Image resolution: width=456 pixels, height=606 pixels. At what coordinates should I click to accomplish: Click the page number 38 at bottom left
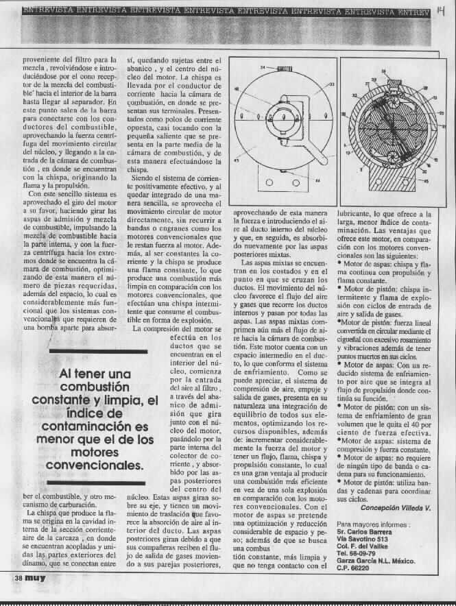[19, 596]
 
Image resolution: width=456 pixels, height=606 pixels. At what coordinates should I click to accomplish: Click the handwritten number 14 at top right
[440, 12]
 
